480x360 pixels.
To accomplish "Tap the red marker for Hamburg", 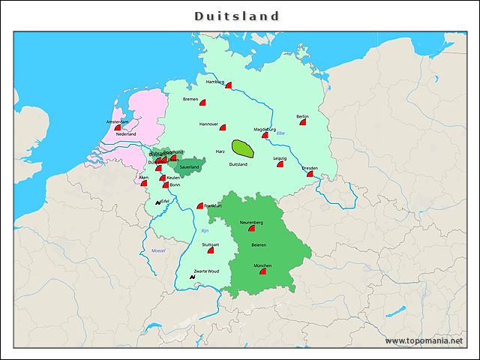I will (228, 85).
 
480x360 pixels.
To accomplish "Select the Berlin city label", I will (302, 116).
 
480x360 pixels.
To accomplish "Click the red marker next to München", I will (262, 272).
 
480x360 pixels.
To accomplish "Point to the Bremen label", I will (190, 99).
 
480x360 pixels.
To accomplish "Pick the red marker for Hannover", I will (222, 128).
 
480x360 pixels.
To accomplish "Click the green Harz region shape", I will (242, 148).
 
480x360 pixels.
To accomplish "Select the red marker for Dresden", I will (310, 174).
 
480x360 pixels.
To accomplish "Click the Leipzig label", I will (280, 157).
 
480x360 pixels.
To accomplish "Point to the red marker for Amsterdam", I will (118, 127).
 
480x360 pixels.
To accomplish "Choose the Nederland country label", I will (126, 134).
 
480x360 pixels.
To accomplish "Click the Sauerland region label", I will (189, 166).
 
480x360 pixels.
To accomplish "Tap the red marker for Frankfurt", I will (200, 205).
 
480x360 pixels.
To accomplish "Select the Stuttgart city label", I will (210, 244).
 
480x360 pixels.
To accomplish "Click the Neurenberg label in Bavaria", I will (251, 223).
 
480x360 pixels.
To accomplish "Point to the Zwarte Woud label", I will (206, 271).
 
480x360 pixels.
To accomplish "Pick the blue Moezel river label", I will (158, 250).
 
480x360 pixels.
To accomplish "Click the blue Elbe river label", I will (280, 133).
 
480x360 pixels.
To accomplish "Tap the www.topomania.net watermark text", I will (424, 341).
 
